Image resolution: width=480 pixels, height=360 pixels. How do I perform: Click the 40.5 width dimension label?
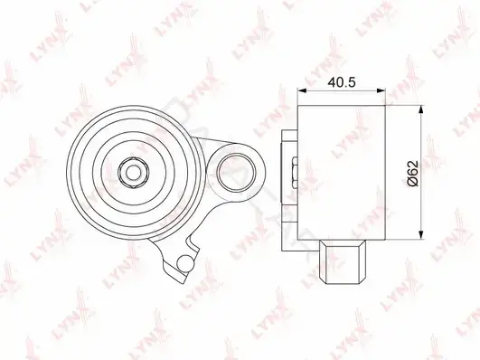click(x=342, y=82)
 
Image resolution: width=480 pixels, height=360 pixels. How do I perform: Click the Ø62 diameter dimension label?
click(x=413, y=173)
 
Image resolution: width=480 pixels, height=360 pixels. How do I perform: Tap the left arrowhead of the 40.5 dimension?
click(x=302, y=90)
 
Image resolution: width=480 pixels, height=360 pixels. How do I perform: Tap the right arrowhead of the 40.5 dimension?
click(x=381, y=90)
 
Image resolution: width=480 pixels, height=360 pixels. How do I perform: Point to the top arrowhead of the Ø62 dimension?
click(x=422, y=109)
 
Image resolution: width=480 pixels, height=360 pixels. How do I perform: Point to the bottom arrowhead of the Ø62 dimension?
click(x=422, y=234)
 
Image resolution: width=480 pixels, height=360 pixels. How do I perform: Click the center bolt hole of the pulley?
click(x=134, y=174)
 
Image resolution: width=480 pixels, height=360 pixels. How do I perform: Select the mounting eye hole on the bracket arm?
click(x=236, y=173)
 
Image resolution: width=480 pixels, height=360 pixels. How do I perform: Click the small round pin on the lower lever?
click(x=185, y=263)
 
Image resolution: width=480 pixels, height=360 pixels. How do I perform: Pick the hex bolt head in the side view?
click(x=295, y=172)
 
